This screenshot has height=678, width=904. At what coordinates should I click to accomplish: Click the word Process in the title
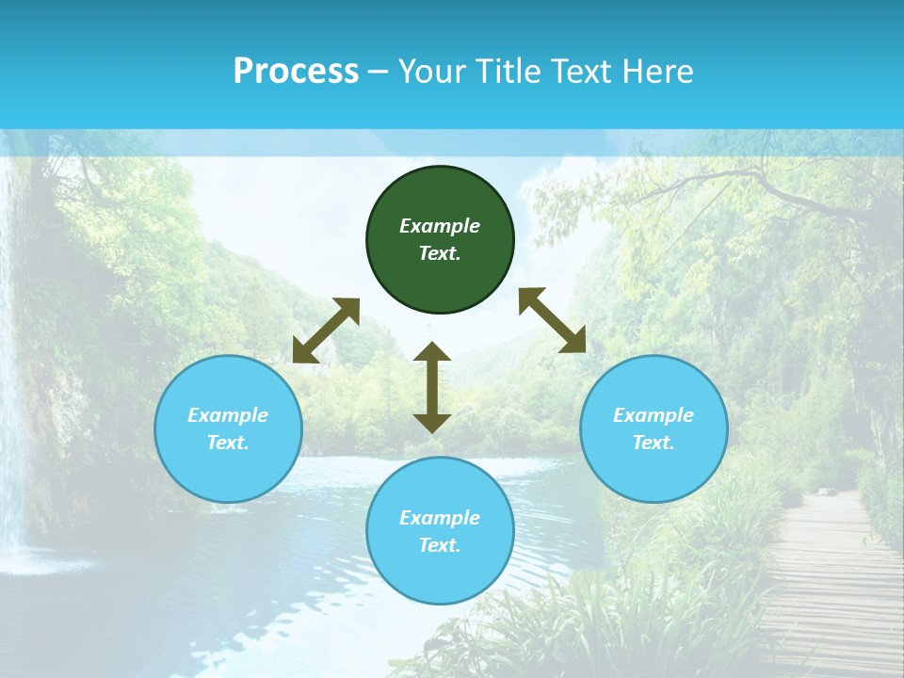(x=296, y=72)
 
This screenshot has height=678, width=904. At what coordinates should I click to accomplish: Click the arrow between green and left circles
(x=326, y=331)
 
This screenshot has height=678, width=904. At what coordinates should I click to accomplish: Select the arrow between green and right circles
(x=553, y=320)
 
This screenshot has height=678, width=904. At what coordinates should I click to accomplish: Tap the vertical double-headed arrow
(x=432, y=387)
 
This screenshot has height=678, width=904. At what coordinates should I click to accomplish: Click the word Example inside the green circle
(x=440, y=226)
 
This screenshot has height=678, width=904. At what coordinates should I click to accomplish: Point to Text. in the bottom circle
(x=440, y=545)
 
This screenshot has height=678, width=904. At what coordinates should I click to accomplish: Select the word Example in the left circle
(x=228, y=415)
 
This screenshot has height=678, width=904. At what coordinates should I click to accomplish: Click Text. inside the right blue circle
(x=654, y=443)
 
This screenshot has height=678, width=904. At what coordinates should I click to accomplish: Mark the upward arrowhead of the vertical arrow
(x=432, y=351)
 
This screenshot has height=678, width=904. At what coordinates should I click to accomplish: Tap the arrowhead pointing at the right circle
(x=573, y=341)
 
